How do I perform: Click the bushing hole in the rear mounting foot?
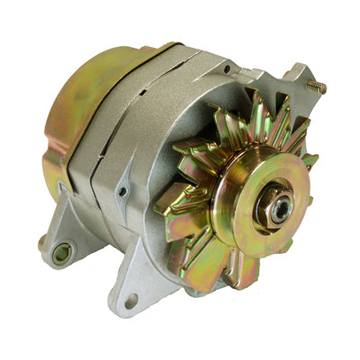tap(61, 254)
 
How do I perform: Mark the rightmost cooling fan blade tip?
tap(311, 161)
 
